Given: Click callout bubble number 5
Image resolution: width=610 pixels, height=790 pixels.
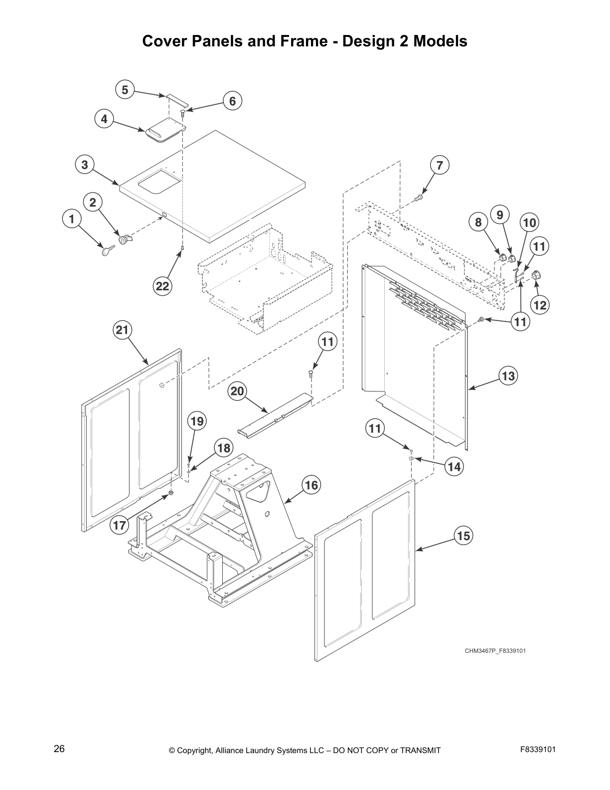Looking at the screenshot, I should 125,90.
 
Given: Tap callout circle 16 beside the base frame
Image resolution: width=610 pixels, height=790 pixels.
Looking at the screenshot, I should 311,485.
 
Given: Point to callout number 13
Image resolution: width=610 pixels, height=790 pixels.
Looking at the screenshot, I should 508,375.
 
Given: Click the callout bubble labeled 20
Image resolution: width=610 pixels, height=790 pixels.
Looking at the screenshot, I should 237,391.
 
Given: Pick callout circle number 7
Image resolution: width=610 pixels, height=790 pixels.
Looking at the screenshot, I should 439,165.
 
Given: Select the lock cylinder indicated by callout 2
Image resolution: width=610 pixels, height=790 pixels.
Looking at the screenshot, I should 124,240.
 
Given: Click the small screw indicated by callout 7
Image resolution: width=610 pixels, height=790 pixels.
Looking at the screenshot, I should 419,198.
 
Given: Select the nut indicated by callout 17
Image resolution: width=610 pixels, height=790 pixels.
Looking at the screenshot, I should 170,493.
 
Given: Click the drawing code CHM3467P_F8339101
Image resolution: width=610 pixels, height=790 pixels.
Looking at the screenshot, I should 495,650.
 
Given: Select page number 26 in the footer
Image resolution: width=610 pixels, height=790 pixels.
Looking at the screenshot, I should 59,749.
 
